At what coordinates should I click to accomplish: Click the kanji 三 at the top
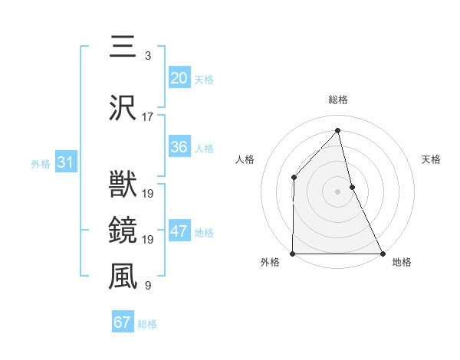[123, 48]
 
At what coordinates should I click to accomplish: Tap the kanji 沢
[123, 108]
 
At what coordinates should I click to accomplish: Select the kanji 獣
[123, 185]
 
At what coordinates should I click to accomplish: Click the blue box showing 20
[179, 78]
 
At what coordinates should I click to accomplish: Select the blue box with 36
[179, 147]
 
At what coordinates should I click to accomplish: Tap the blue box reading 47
[179, 232]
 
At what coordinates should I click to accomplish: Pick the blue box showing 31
[65, 162]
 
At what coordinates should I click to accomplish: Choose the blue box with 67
[122, 322]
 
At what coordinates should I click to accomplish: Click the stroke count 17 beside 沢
[148, 117]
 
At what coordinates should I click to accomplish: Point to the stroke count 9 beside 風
[148, 286]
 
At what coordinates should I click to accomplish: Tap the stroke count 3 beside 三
[148, 56]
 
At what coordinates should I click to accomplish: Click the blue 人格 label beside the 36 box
[204, 149]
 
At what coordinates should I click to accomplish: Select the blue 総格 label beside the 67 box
[147, 324]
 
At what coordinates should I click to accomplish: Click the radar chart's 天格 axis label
[432, 159]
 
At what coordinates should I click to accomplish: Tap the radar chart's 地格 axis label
[402, 262]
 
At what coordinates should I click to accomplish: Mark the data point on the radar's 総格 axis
[337, 131]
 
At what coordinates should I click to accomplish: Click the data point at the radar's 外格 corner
[293, 253]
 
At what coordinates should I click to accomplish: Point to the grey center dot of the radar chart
[337, 191]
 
